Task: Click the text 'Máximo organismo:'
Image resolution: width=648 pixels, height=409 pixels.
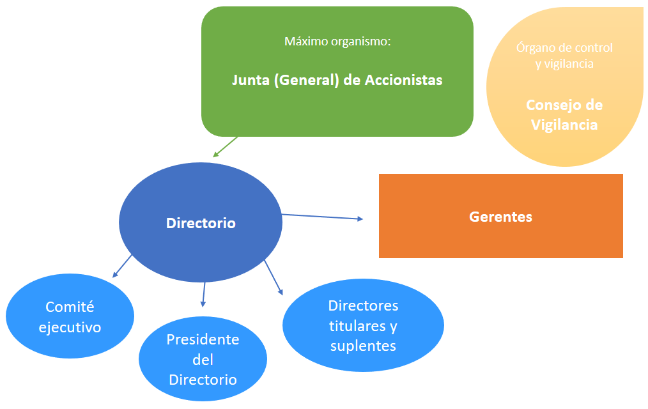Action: pos(337,42)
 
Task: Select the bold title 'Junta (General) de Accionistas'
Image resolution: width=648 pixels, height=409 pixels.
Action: pos(337,81)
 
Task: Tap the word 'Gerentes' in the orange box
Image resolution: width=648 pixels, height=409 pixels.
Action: pos(500,217)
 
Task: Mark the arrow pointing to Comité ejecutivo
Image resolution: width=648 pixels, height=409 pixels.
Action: pos(122,266)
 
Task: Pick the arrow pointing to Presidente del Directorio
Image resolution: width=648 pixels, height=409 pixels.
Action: pos(204,293)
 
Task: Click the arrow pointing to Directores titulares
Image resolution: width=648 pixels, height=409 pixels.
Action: pos(274,277)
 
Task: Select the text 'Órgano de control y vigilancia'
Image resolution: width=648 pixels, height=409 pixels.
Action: pos(564,56)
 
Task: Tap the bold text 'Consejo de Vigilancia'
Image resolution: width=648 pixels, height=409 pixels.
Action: pos(564,114)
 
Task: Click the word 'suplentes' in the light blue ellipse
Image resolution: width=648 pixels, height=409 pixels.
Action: pos(363,346)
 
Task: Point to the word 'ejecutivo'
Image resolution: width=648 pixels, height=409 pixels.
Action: pos(70,328)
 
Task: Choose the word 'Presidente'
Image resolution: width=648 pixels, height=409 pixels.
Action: pos(203,339)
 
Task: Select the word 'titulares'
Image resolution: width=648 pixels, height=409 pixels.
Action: pos(358,326)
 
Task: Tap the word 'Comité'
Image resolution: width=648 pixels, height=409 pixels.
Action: pos(70,307)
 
